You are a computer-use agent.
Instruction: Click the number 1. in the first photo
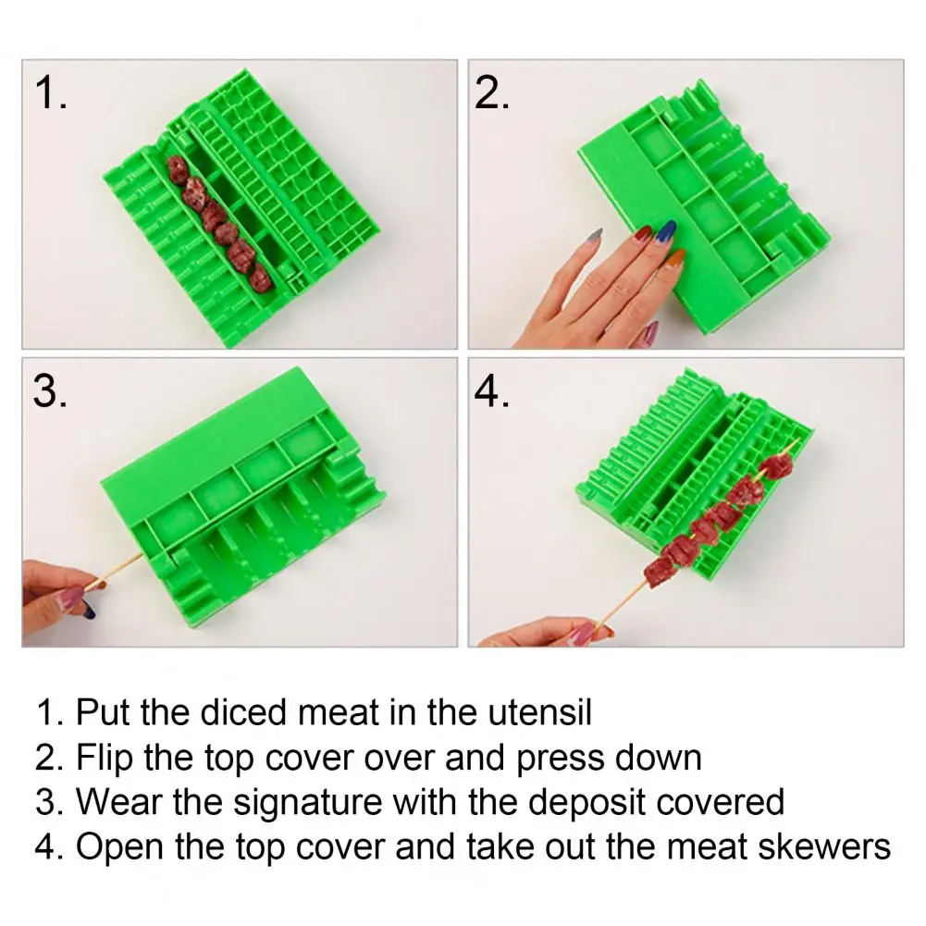click(51, 93)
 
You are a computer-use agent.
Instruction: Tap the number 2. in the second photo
click(492, 93)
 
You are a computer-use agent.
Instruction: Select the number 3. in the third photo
click(50, 391)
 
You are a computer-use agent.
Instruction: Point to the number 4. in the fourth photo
click(491, 391)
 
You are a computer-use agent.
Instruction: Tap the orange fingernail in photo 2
click(675, 257)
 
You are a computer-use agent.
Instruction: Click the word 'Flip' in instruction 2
click(104, 758)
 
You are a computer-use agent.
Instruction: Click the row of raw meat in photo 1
click(220, 223)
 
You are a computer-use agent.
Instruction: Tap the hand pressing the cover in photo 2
click(602, 283)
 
